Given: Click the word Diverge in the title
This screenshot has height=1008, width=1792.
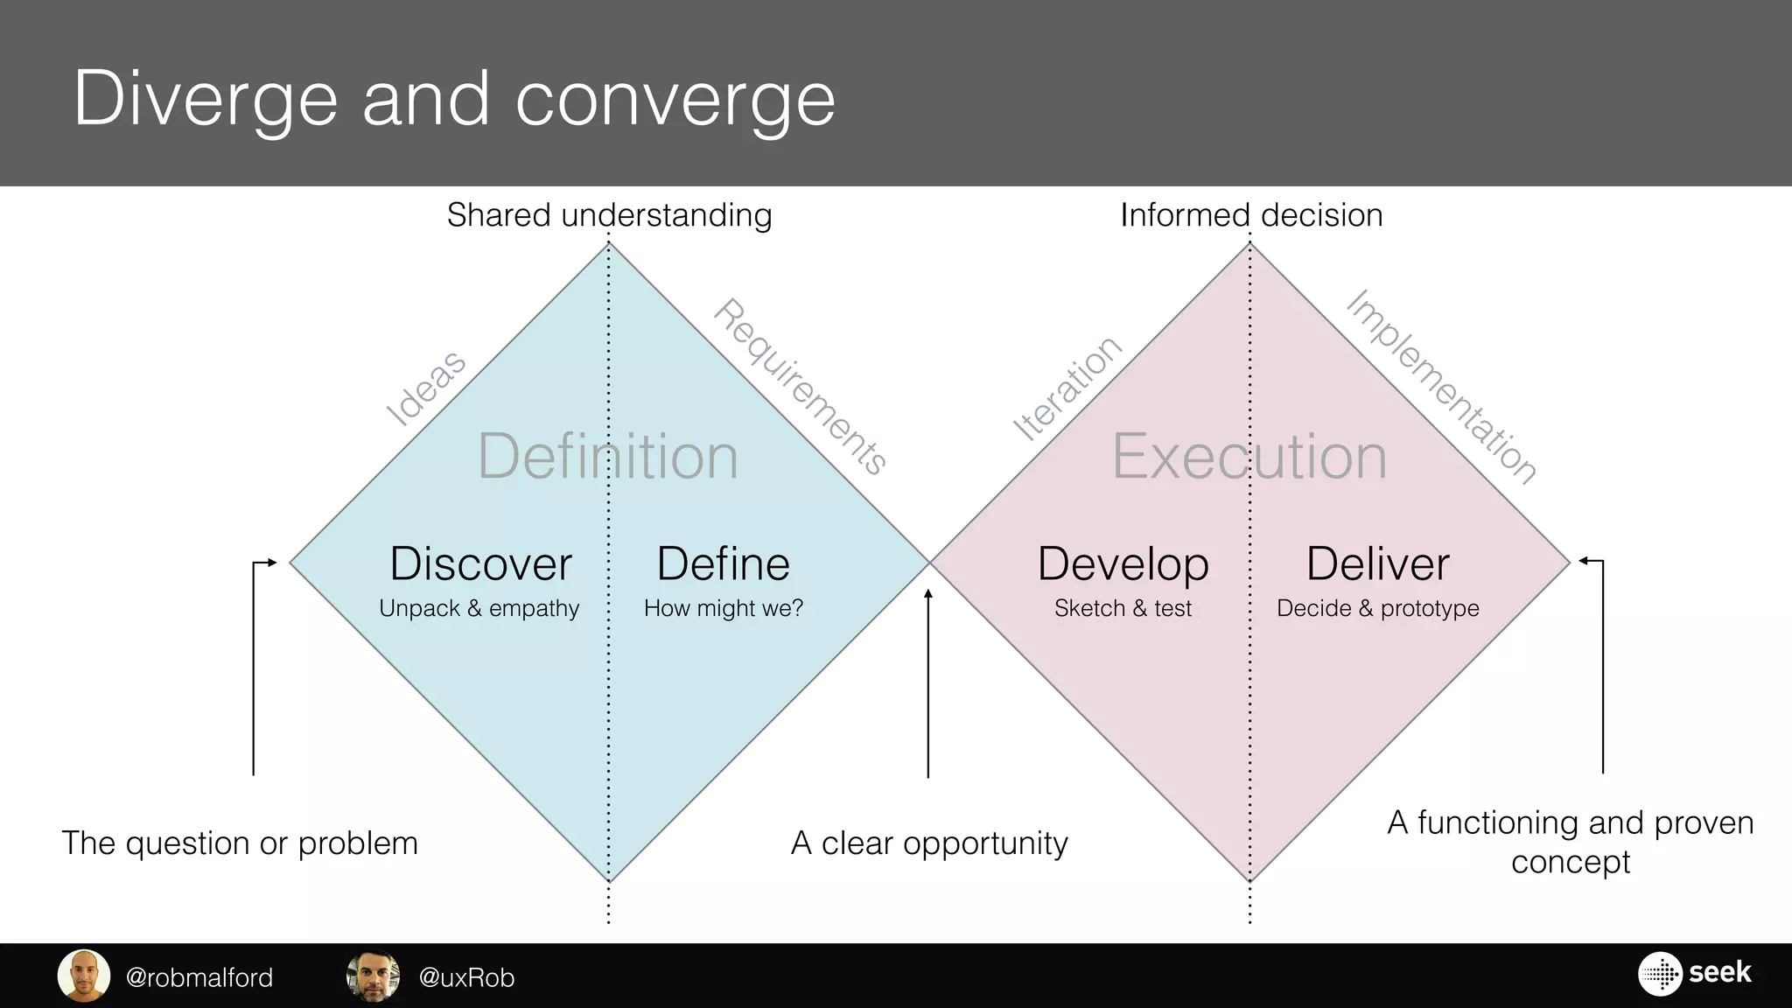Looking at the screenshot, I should (206, 100).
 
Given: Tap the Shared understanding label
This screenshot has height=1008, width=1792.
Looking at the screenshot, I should (609, 215).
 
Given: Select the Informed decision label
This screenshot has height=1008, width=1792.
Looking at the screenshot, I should (1251, 215).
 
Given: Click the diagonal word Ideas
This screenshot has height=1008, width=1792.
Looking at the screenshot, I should (427, 388).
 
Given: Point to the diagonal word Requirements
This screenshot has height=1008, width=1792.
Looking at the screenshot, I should (800, 387).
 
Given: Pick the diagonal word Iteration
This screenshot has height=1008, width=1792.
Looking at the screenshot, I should (1067, 388).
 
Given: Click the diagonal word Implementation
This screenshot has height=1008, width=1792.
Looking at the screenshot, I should (1440, 387).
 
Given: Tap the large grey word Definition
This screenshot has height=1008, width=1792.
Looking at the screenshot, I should (608, 457).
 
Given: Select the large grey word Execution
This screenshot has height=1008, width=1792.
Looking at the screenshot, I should (1249, 457).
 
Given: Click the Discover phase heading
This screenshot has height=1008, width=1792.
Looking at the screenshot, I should (480, 563).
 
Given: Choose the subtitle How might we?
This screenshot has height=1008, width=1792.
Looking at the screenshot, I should (723, 608).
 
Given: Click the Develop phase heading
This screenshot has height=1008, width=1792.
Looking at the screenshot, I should (1123, 563).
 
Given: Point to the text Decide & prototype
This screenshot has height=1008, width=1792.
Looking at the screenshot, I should (1377, 608).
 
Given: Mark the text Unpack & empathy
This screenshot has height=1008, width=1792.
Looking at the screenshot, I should (479, 608).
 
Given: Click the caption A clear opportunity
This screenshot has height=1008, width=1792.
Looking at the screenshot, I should (929, 843).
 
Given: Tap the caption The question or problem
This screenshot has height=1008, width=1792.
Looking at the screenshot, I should (240, 843).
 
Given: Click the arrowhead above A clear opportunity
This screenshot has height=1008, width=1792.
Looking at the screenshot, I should (928, 595).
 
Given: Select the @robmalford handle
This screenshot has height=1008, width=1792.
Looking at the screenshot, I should (199, 977).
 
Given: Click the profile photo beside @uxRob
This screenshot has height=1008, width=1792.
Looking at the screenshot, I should (374, 976).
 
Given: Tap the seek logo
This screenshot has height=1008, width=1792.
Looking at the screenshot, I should (1694, 973).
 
